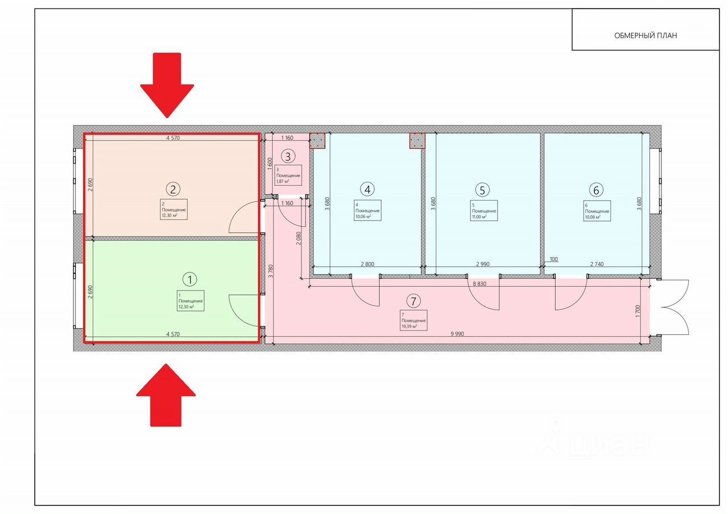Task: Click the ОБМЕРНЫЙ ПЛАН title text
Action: [x=646, y=35]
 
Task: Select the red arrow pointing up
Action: [x=166, y=396]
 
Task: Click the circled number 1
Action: [x=189, y=279]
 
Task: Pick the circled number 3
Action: [x=288, y=156]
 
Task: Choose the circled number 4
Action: [x=368, y=189]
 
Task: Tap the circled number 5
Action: [x=482, y=189]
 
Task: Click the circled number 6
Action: [x=595, y=189]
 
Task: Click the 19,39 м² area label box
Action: [x=413, y=320]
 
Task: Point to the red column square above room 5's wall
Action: [x=417, y=140]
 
